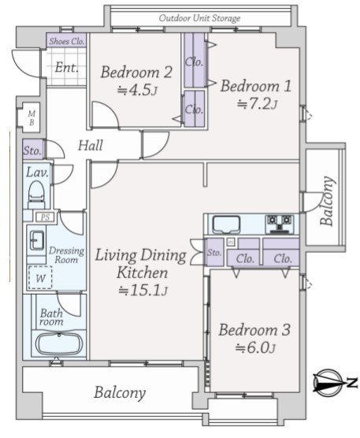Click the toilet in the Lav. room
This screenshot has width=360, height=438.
coord(36,195)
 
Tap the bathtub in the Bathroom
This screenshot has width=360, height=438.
coord(58,343)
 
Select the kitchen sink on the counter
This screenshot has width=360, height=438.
coord(226,224)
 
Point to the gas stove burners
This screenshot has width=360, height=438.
coord(280,224)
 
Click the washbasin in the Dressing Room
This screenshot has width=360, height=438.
coord(37,240)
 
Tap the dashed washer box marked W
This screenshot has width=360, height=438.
coord(40,278)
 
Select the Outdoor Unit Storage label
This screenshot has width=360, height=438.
coord(199,18)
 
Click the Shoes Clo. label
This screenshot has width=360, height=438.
coord(67,41)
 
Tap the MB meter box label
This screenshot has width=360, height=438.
coord(32,118)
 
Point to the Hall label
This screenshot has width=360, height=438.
coord(91,146)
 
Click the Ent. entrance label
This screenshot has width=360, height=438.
coord(66,68)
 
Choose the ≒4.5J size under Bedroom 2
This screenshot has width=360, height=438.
coord(137,91)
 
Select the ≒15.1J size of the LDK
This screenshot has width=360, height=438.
coord(143,291)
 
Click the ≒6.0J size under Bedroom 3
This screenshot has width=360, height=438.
coord(255,348)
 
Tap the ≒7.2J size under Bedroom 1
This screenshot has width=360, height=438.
coord(257,105)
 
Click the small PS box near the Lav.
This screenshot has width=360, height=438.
coord(46,217)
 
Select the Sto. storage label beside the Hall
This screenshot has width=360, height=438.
coord(32,150)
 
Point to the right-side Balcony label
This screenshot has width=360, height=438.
coord(327,201)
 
